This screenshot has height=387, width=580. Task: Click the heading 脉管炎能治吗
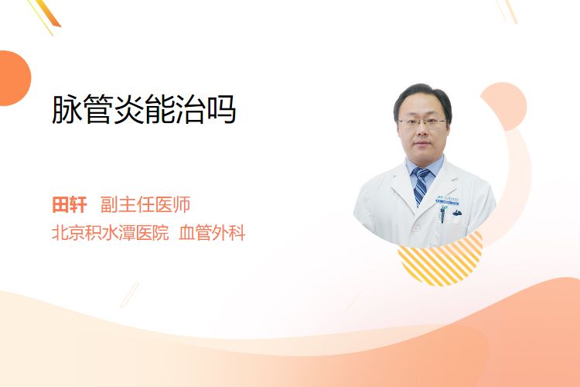[x=144, y=109]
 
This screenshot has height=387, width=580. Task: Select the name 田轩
[x=70, y=205]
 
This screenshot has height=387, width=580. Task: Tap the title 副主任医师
[x=145, y=205]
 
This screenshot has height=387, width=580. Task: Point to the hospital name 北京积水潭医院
[x=111, y=233]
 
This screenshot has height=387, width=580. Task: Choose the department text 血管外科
[x=212, y=233]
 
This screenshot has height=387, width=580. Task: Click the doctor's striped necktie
[x=420, y=185]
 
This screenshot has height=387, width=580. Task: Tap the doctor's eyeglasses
[x=421, y=122]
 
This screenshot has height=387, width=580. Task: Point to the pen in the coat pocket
[x=442, y=214]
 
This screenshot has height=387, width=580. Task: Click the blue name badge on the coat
[x=448, y=200]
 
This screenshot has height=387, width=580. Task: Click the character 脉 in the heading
[x=67, y=110]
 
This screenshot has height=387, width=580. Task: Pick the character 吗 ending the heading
[x=222, y=110]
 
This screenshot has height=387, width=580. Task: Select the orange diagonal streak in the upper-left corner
[x=48, y=13]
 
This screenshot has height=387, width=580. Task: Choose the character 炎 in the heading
[x=128, y=110]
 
